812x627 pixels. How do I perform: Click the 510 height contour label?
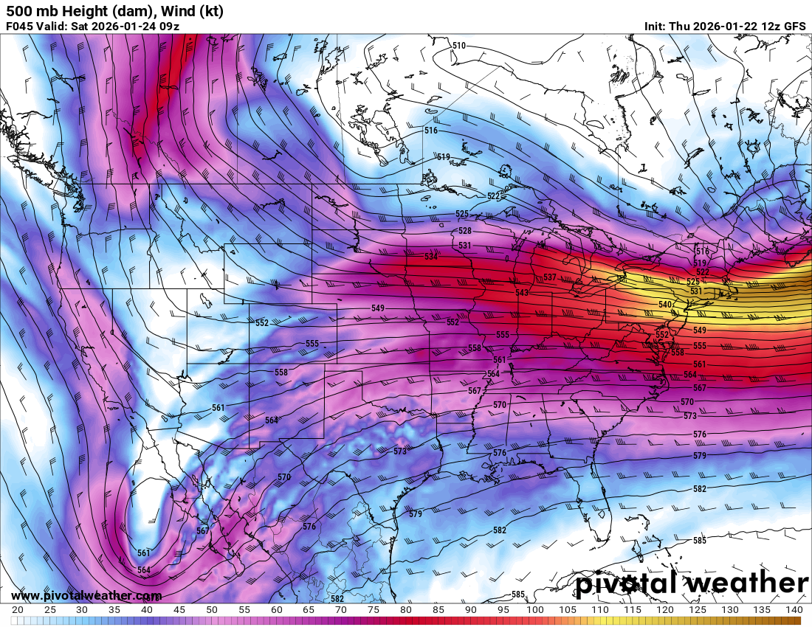(x=459, y=46)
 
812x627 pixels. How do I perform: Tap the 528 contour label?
(x=465, y=231)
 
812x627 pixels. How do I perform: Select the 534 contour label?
(x=431, y=257)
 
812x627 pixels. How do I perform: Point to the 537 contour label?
(x=549, y=277)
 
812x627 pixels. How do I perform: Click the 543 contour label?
(x=523, y=293)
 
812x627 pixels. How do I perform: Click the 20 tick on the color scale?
(x=18, y=610)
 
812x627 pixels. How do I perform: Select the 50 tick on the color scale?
(x=211, y=610)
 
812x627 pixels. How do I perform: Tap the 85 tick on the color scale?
(x=438, y=610)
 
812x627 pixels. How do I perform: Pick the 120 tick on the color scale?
(x=664, y=610)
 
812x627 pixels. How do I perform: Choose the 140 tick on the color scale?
(x=794, y=610)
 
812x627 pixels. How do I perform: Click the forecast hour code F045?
(x=21, y=27)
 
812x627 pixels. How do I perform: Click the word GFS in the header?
(x=794, y=27)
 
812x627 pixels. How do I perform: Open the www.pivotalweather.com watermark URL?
(x=86, y=596)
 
